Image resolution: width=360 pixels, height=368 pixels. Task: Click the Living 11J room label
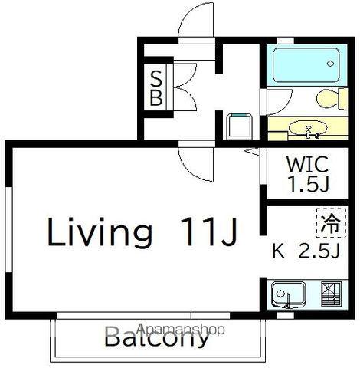(x=142, y=232)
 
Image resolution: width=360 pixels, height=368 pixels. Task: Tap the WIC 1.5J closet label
(x=308, y=174)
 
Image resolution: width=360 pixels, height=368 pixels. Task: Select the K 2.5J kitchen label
(x=306, y=251)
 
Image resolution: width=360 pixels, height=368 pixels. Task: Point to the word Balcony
(x=156, y=338)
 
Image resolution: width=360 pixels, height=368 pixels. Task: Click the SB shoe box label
(x=156, y=88)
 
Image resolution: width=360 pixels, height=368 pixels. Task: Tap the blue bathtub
(x=306, y=65)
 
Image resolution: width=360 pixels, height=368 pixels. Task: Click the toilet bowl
(x=332, y=98)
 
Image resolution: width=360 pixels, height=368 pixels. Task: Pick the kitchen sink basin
(x=289, y=294)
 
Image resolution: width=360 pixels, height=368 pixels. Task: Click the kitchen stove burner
(x=331, y=294)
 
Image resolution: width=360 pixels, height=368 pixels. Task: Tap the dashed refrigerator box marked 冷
(x=332, y=222)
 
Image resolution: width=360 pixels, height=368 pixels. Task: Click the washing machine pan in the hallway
(x=240, y=127)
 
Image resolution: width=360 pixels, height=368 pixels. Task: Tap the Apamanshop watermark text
(x=181, y=330)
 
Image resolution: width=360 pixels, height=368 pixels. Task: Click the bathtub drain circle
(x=330, y=64)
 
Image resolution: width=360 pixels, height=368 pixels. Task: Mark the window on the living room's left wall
(x=8, y=230)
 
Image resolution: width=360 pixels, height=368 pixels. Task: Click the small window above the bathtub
(x=286, y=41)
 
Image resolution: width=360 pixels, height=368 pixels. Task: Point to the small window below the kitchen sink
(x=286, y=316)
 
